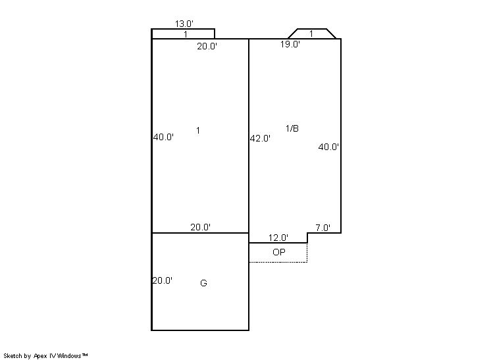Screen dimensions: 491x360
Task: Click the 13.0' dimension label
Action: point(184,24)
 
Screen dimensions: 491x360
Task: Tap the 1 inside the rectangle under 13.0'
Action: point(186,34)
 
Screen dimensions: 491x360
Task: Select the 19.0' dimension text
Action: point(290,44)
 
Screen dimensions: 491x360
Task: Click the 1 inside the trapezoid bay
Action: point(311,34)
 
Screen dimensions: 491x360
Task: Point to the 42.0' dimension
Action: point(260,138)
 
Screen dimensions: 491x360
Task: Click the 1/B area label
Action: point(292,128)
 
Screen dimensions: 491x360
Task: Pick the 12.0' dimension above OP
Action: point(278,238)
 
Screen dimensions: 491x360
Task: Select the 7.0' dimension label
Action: point(323,228)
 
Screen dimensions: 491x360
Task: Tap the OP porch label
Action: point(279,252)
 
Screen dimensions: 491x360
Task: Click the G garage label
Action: point(203,283)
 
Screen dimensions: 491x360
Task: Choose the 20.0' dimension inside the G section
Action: point(162,280)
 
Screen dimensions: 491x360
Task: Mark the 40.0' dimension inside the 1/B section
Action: point(328,147)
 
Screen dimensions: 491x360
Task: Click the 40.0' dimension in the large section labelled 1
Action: point(163,137)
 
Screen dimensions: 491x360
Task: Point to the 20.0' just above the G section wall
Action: point(200,227)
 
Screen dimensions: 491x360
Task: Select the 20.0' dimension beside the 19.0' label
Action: point(207,46)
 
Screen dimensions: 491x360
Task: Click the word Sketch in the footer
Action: point(13,356)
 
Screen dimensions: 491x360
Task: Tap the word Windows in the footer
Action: point(69,356)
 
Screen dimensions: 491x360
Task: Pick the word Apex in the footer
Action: point(40,356)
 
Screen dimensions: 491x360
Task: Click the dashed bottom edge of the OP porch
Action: point(278,262)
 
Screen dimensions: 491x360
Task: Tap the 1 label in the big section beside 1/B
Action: point(198,130)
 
